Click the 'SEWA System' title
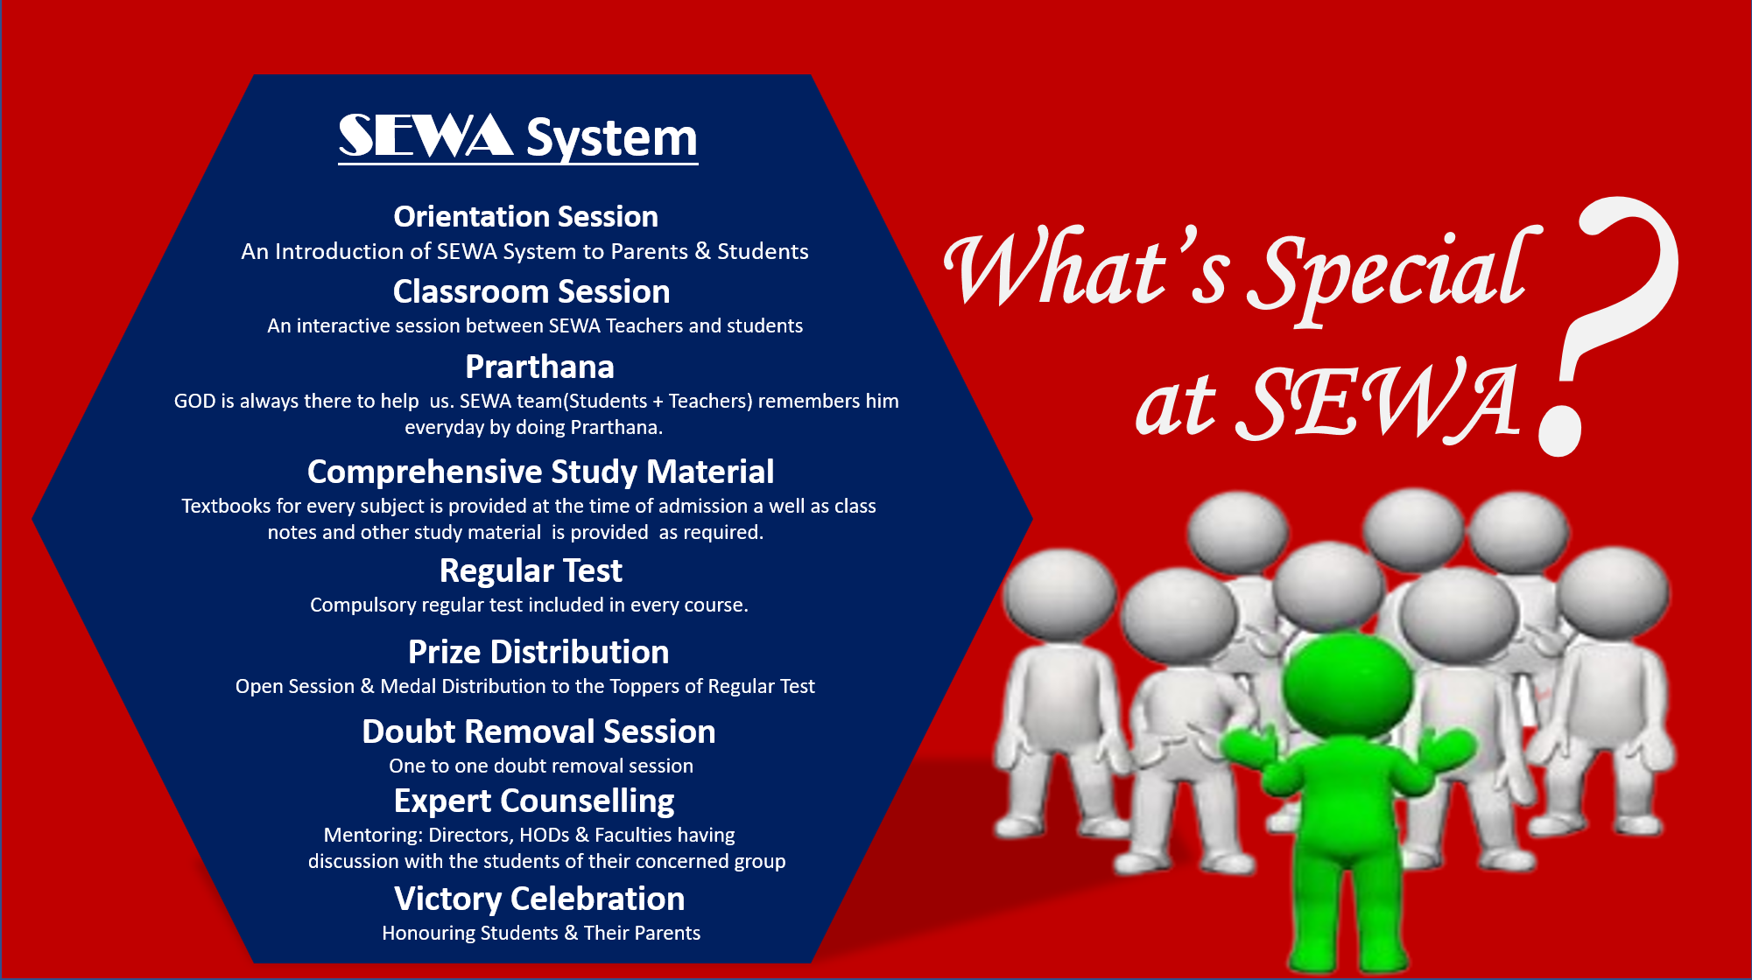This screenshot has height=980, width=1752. (518, 137)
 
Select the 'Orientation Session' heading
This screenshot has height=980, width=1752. (525, 216)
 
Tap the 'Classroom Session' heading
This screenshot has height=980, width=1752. (531, 291)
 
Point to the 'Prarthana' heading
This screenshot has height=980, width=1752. (539, 367)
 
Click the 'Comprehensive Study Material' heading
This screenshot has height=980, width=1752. (540, 472)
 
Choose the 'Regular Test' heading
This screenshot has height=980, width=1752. (531, 570)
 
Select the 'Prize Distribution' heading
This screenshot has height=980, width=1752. (538, 652)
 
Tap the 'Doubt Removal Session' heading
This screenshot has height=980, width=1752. (538, 731)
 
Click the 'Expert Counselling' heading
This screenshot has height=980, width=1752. (534, 801)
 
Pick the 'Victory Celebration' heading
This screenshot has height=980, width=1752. (539, 899)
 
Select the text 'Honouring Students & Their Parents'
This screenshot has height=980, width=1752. (541, 933)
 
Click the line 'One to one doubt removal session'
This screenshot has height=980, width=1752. (541, 766)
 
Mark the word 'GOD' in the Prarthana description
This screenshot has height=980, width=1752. (193, 401)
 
